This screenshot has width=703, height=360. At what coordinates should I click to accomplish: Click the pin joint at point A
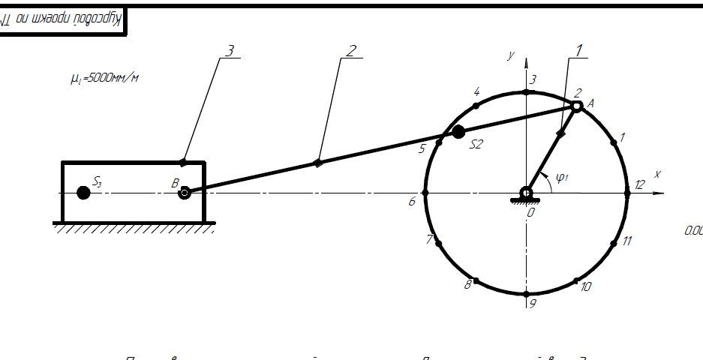coord(576,106)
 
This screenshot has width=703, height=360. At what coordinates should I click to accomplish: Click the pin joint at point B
coord(184,193)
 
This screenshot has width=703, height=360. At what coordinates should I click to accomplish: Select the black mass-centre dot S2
coord(458,132)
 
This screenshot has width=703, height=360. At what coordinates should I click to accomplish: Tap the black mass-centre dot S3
coord(83,193)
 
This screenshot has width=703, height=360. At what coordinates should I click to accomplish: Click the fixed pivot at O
coord(527,193)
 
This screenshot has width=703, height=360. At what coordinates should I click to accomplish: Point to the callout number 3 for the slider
coord(230,50)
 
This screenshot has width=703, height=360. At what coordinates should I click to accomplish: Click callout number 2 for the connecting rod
coord(350,50)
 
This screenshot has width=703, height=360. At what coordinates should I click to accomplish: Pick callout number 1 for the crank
coord(579,49)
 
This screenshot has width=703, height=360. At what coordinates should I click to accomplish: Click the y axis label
coord(510,55)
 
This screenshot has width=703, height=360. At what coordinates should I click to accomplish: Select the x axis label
coord(657,174)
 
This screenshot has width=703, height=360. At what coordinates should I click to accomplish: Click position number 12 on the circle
coord(638,184)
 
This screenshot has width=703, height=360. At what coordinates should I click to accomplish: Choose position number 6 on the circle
coord(412,201)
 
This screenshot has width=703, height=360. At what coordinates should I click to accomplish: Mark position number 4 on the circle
coord(476,91)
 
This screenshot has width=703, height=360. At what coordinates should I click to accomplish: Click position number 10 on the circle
coord(587,286)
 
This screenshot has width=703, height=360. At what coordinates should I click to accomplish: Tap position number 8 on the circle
coord(467,284)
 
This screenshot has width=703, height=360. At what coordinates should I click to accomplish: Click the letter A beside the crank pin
coord(590,103)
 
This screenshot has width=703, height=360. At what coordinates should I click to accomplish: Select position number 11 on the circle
coord(627,241)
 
